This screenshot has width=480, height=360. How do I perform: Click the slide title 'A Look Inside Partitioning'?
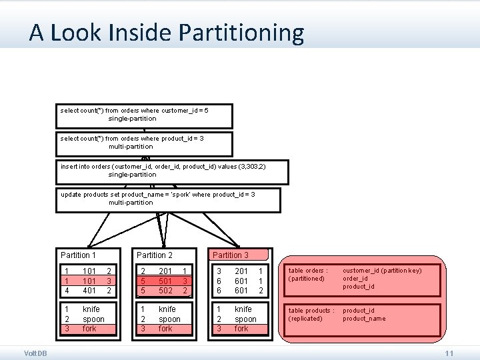point(166,33)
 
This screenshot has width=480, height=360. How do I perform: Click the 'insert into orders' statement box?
point(173,171)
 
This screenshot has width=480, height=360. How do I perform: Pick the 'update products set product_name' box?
point(167,199)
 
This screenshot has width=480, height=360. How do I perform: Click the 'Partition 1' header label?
point(79,255)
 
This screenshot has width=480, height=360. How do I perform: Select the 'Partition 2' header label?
point(155,255)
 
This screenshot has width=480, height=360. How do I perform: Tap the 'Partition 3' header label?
point(231,255)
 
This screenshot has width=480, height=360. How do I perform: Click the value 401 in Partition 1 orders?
point(90,290)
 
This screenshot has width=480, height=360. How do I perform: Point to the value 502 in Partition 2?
point(166,290)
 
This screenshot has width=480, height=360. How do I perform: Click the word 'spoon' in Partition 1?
point(93,319)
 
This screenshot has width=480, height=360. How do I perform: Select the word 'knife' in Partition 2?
point(167,309)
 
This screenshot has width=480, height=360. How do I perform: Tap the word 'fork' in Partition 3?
point(241,329)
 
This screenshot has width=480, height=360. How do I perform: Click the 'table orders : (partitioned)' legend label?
point(307,274)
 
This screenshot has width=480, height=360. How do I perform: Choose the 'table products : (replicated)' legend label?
point(311,314)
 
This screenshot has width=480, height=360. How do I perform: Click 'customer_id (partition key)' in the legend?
point(382,270)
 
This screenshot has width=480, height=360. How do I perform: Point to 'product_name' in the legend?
point(363,319)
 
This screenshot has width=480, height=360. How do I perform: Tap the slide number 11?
point(449,353)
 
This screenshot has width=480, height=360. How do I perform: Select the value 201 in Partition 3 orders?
point(241,271)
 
